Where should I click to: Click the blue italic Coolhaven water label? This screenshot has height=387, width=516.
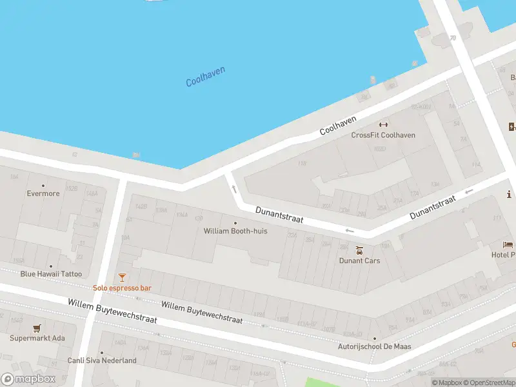[x=205, y=77]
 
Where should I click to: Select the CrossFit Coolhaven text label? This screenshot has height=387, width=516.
[x=383, y=135]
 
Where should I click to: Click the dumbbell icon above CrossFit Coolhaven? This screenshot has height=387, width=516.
[x=383, y=124]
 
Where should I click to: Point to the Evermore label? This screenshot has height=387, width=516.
[x=43, y=193]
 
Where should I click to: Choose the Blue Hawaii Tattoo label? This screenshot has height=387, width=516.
[x=51, y=274]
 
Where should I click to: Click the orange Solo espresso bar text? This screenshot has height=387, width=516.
[x=122, y=288]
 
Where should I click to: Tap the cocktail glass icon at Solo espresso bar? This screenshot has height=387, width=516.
[x=122, y=277]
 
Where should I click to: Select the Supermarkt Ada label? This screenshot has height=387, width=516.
[x=37, y=338]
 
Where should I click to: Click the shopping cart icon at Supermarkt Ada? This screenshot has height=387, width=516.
[x=37, y=328]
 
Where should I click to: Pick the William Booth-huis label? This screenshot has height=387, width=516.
[x=235, y=230]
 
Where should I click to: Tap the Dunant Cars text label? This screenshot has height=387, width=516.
[x=359, y=261]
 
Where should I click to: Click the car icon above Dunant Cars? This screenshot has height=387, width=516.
[x=359, y=250]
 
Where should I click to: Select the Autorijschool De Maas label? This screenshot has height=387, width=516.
[x=375, y=346]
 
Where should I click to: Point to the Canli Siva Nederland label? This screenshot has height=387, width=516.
[x=102, y=361]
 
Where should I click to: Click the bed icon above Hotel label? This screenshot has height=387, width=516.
[x=508, y=245]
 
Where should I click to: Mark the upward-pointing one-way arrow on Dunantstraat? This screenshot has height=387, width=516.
[x=234, y=189]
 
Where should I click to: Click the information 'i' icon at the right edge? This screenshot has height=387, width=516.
[x=510, y=194]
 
